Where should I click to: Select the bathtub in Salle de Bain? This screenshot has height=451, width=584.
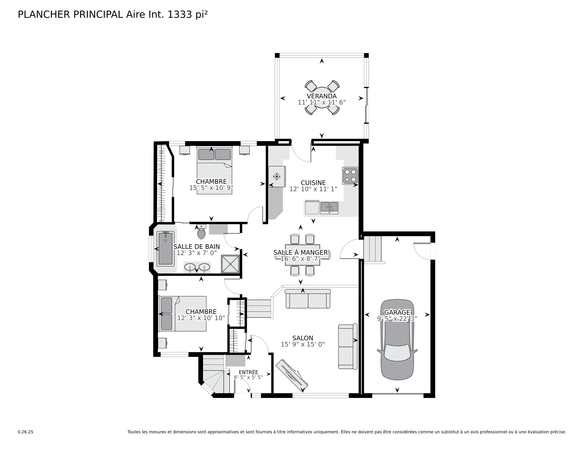165,248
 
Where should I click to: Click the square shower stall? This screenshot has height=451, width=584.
230,264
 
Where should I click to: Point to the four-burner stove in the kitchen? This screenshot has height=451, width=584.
350,176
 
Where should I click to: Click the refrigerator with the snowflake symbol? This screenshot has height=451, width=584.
277,176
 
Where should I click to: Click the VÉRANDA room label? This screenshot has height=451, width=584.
322,96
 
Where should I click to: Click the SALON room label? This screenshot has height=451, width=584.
303,338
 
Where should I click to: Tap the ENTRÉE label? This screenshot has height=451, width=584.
248,372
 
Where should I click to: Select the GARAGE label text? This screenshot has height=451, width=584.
397,312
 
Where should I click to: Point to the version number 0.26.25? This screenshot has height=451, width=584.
25,432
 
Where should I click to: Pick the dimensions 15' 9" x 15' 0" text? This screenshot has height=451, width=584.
303,344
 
